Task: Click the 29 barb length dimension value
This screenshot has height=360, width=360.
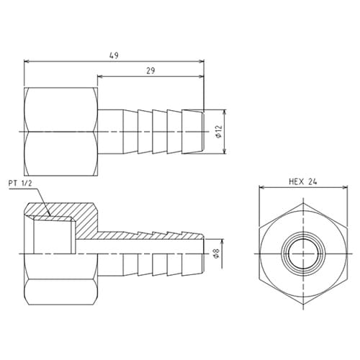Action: click(x=150, y=70)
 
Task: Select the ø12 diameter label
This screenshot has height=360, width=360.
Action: click(x=219, y=132)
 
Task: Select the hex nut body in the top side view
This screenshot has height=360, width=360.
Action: click(x=60, y=131)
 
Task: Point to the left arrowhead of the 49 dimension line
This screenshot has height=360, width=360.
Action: click(x=27, y=62)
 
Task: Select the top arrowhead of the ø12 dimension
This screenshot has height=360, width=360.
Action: click(x=227, y=112)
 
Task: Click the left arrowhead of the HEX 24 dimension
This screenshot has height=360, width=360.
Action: click(x=261, y=189)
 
